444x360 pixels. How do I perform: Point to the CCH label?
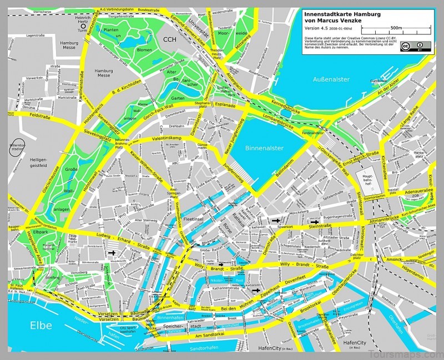pyautogui.click(x=169, y=38)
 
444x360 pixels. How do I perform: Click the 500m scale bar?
pyautogui.click(x=396, y=28)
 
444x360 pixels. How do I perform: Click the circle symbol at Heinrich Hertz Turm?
pyautogui.click(x=84, y=26)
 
